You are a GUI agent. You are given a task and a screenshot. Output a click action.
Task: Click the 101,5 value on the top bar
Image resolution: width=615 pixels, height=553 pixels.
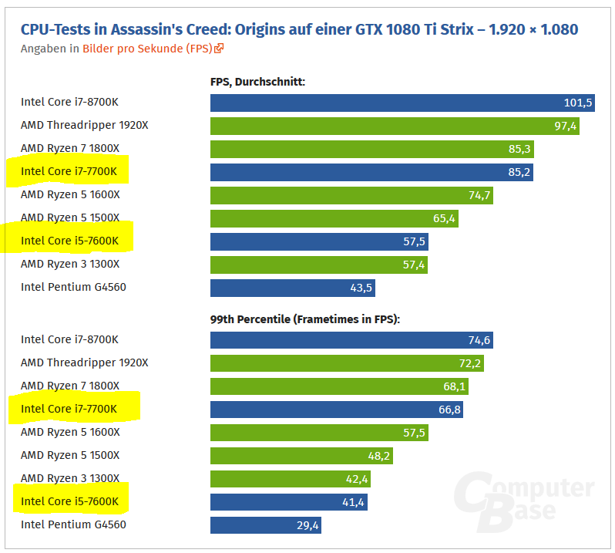pyautogui.click(x=578, y=103)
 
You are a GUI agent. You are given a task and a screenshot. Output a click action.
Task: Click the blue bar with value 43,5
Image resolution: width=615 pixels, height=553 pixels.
pyautogui.click(x=292, y=288)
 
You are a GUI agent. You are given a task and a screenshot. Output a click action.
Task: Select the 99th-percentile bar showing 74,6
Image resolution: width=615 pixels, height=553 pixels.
pyautogui.click(x=351, y=340)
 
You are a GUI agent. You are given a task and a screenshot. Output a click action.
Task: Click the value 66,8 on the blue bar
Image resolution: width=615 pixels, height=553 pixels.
pyautogui.click(x=449, y=410)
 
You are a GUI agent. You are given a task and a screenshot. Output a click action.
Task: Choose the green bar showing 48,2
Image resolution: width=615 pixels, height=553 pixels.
pyautogui.click(x=301, y=456)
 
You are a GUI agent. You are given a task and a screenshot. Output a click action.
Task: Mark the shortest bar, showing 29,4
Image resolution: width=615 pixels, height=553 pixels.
pyautogui.click(x=265, y=525)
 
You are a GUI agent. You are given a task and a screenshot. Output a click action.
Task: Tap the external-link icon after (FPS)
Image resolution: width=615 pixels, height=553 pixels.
pyautogui.click(x=219, y=49)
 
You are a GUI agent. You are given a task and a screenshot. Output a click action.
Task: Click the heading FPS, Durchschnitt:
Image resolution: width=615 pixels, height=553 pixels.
pyautogui.click(x=257, y=81)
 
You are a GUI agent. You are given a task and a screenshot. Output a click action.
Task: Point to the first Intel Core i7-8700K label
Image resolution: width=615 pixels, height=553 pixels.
pyautogui.click(x=69, y=103)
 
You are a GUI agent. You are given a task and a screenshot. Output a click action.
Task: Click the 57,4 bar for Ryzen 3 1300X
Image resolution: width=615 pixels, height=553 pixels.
pyautogui.click(x=318, y=265)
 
